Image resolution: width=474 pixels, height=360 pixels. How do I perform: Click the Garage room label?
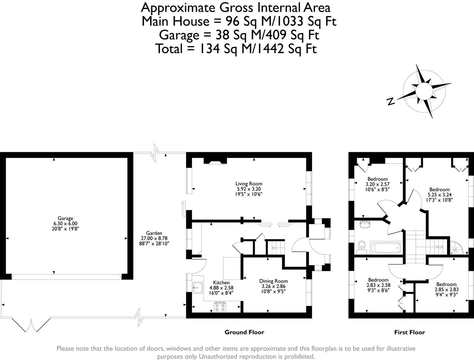pos(65,218)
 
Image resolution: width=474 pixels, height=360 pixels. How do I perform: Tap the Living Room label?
pos(248,184)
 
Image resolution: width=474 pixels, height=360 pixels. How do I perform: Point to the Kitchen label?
pos(221,283)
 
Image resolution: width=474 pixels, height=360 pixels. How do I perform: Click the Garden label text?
pos(154,233)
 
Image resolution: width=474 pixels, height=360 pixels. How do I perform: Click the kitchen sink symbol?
pos(198,287)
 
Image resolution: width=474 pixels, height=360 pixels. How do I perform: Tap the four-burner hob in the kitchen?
pos(220,306)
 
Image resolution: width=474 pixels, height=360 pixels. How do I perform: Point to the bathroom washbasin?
pos(365,224)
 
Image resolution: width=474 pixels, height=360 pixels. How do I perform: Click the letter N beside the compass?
pos(391,101)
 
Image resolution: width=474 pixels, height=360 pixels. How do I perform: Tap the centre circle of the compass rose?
pos(424,90)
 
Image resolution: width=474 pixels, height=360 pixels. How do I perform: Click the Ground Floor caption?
pos(244,332)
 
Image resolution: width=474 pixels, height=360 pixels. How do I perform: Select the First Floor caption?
pos(409,332)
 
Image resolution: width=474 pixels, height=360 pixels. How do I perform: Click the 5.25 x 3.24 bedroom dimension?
pos(439,195)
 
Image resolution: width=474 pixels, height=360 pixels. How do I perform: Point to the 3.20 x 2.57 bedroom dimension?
pos(377,184)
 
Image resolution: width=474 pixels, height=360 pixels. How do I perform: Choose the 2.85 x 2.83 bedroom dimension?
pos(446,290)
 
